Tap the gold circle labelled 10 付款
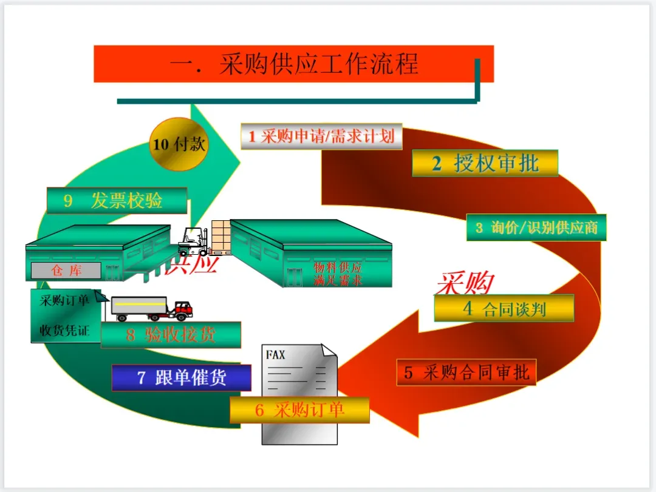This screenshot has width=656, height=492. coord(179,144)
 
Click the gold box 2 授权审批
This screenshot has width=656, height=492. coord(485,163)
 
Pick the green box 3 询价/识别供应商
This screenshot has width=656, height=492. coord(536,227)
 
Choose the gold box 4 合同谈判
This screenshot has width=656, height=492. coord(504,308)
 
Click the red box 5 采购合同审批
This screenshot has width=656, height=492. coord(466,372)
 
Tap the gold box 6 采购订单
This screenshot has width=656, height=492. coord(299,410)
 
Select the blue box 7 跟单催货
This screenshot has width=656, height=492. coord(181,377)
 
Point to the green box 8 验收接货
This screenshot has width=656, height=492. coord(171,335)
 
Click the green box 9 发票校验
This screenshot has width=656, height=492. coord(117,200)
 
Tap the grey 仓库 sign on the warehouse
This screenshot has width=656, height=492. coord(66,271)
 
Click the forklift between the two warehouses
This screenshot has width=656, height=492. coord(194,241)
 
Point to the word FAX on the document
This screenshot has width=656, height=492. coord(275,355)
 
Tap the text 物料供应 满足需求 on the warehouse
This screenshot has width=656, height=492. coord(338,274)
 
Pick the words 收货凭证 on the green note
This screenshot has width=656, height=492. coord(64,331)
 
